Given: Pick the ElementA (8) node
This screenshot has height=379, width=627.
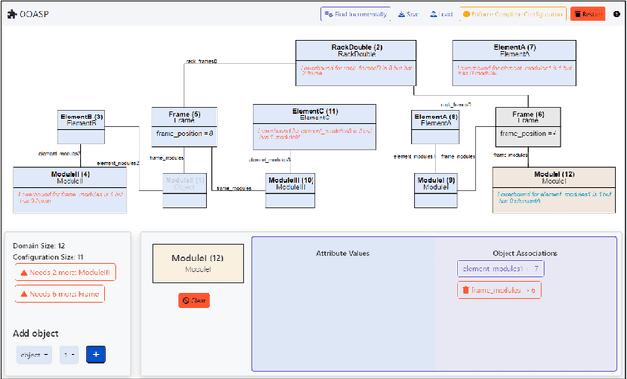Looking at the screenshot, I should point(438,119).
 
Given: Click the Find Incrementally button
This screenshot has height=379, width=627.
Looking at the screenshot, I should point(356,14).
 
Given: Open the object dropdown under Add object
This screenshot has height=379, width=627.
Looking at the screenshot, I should point(34,355).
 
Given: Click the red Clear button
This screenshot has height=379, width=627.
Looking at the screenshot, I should point(193,300).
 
